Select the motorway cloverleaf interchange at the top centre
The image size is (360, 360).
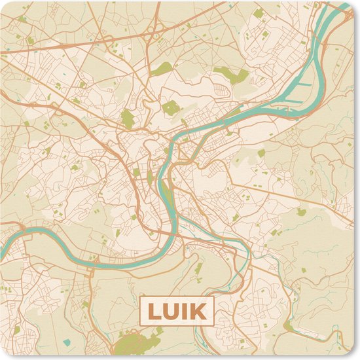click(155, 29)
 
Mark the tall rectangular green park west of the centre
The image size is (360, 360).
click(127, 118)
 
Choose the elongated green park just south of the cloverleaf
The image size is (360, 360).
click(163, 67)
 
